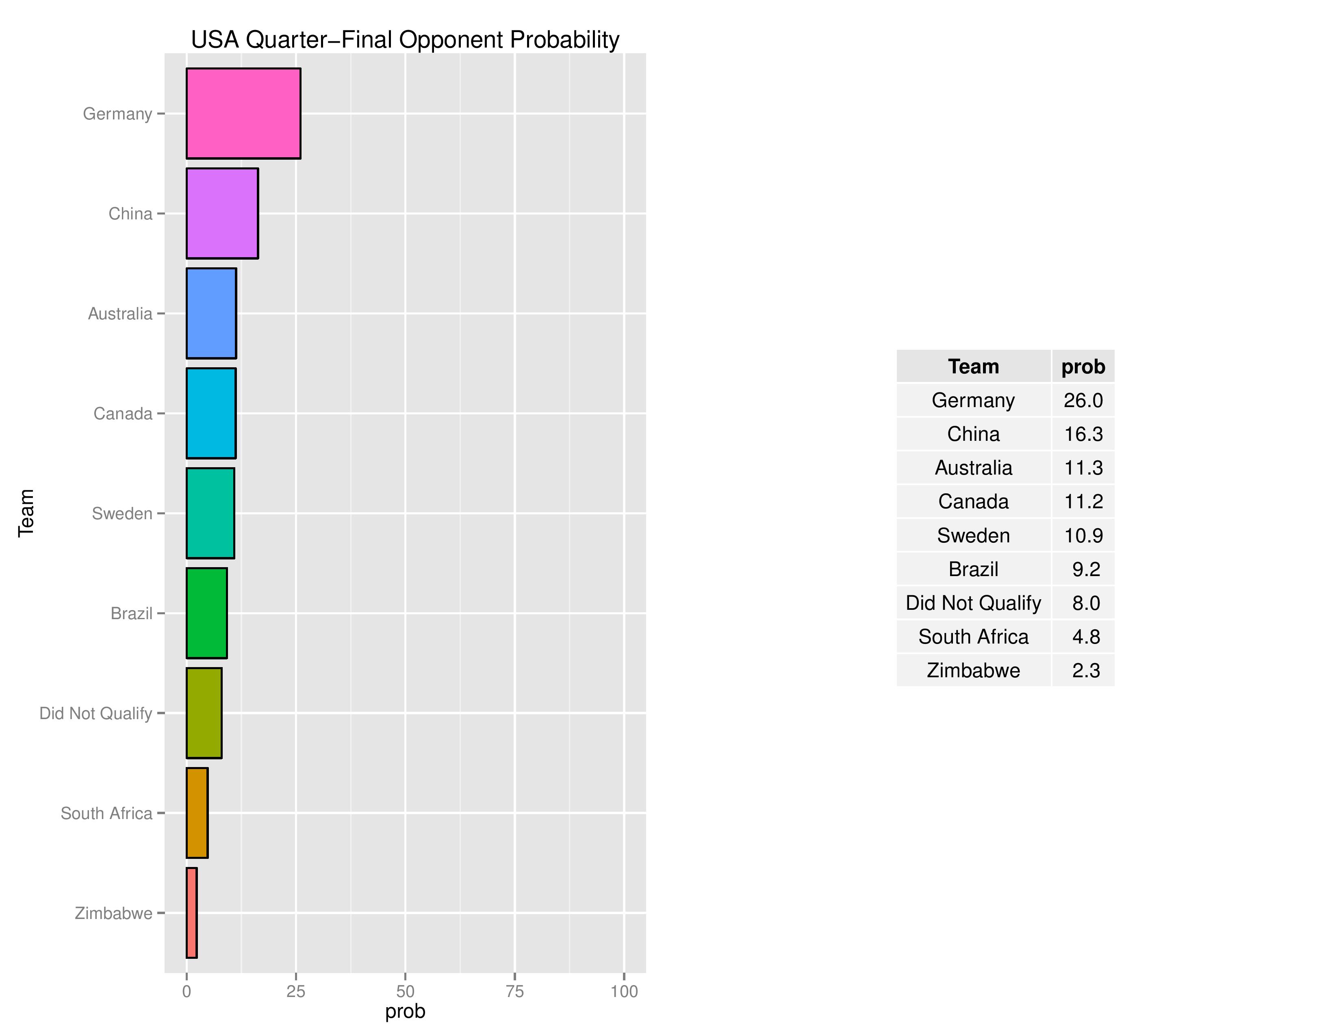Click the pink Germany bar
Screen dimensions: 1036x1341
coord(243,113)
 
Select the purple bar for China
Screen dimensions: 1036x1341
coord(222,214)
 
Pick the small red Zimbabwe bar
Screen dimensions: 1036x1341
coord(191,912)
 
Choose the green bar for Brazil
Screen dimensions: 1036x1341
coord(207,613)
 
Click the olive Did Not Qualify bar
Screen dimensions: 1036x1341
coord(204,713)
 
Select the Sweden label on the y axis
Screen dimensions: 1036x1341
coord(122,514)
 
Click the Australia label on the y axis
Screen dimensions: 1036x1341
coord(120,314)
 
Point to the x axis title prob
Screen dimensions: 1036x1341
coord(405,1012)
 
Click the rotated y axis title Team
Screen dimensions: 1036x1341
coord(26,513)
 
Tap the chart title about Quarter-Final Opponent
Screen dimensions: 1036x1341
coord(405,40)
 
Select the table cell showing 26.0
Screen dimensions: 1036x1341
coord(1083,400)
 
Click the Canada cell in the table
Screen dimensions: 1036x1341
coord(973,501)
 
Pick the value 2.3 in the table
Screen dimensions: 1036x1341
coord(1085,670)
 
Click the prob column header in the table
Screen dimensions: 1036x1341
coord(1083,366)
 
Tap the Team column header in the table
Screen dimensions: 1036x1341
coord(973,366)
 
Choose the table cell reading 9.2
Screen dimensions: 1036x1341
coord(1085,569)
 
